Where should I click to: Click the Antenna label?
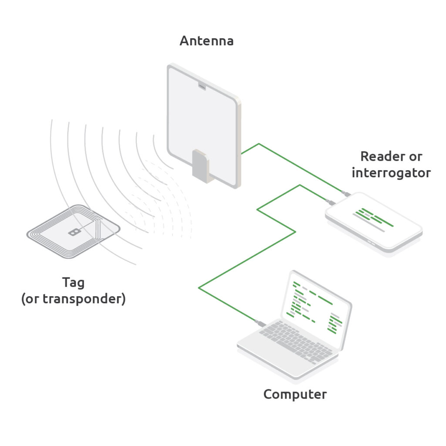(x=206, y=41)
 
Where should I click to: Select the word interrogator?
(x=391, y=173)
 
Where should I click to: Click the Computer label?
(x=295, y=395)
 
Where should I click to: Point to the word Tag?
(x=74, y=282)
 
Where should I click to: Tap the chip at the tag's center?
(x=75, y=232)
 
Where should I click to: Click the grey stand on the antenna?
(x=200, y=166)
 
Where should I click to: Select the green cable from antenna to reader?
(x=296, y=165)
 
